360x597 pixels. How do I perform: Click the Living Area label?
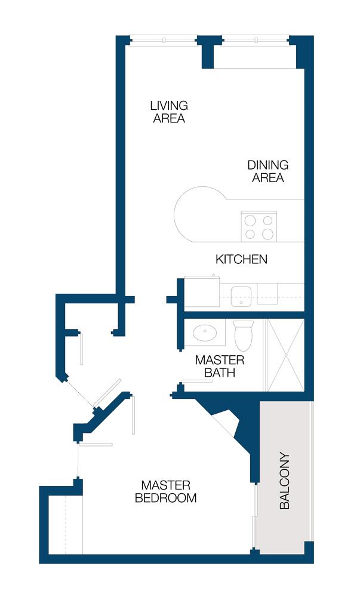169,112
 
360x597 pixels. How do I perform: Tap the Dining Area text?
268,171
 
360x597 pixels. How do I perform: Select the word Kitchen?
241,259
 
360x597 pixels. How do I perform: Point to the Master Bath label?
220,366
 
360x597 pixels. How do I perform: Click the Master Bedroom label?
166,491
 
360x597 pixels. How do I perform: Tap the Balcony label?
284,481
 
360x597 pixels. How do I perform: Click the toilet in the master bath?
244,336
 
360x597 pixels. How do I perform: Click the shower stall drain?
286,355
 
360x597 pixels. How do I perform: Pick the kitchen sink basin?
241,297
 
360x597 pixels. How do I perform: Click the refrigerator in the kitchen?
202,291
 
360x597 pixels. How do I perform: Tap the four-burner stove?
259,226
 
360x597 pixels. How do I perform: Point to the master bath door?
197,381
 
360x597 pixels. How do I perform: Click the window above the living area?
164,40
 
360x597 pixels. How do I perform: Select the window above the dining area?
256,40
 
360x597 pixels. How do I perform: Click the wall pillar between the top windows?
208,52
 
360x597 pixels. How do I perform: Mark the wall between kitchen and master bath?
244,315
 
